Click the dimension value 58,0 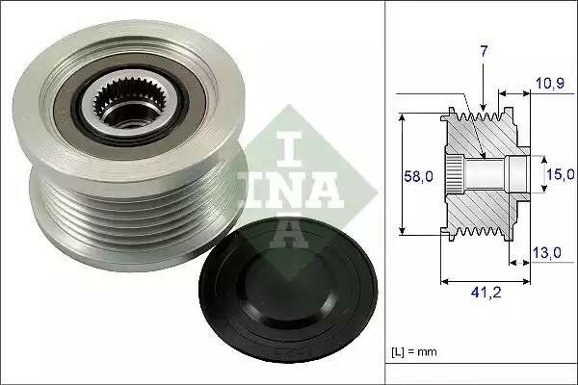coord(418,177)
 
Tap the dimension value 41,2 coord(486,293)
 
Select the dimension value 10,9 coord(550,84)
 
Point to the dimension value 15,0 coord(561,174)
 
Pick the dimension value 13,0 coord(547,253)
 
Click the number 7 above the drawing coord(484,51)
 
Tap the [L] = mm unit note coord(414,352)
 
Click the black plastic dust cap coord(288,291)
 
